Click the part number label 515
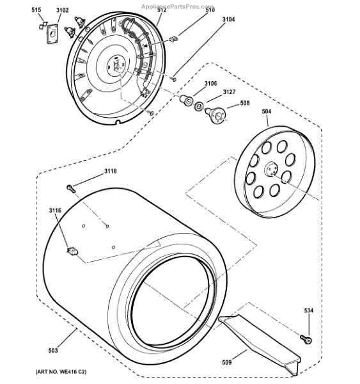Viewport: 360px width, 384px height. [x=36, y=10]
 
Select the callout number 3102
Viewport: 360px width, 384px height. [x=63, y=10]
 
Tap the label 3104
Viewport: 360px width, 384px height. [x=228, y=19]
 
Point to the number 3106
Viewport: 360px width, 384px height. [x=211, y=83]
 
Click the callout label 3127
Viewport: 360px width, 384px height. [x=229, y=92]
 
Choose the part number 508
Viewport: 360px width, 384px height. [x=245, y=103]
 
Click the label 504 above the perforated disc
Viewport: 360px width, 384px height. [x=267, y=111]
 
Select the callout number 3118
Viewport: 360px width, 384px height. [x=111, y=171]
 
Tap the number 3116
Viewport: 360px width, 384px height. [x=55, y=211]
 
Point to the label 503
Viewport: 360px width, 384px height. [x=53, y=351]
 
